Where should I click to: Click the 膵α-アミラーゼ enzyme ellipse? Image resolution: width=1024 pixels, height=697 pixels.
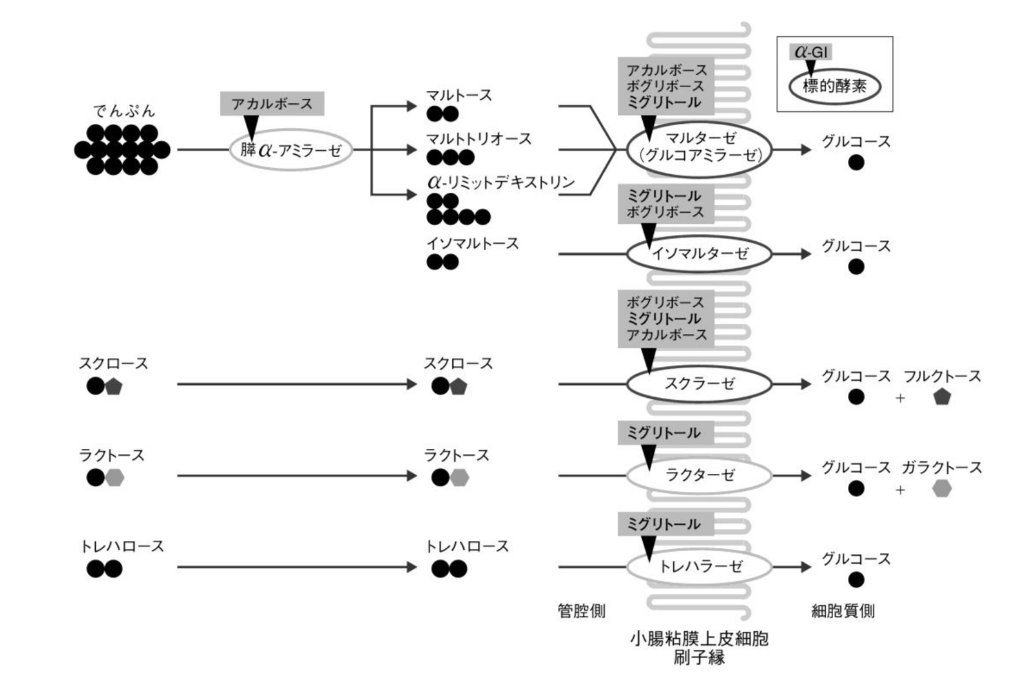pyautogui.click(x=291, y=150)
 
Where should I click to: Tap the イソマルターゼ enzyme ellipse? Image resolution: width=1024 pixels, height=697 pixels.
pyautogui.click(x=699, y=254)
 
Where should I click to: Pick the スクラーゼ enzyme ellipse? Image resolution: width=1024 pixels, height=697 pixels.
pyautogui.click(x=699, y=384)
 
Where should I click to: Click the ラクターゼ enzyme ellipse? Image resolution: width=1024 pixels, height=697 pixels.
pyautogui.click(x=699, y=476)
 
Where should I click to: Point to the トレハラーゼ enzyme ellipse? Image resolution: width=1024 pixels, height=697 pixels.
pyautogui.click(x=699, y=566)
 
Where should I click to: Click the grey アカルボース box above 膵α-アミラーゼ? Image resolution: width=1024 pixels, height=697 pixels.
pyautogui.click(x=272, y=104)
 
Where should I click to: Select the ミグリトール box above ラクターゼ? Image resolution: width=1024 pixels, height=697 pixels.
pyautogui.click(x=664, y=433)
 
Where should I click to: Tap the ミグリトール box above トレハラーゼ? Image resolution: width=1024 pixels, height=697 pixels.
pyautogui.click(x=664, y=524)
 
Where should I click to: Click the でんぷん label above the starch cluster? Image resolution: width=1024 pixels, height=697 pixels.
pyautogui.click(x=124, y=112)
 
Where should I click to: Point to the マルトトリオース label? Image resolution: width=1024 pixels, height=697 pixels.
pyautogui.click(x=478, y=139)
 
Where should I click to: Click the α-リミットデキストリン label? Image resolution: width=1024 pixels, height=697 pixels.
pyautogui.click(x=501, y=182)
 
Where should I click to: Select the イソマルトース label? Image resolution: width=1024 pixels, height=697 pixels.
pyautogui.click(x=472, y=244)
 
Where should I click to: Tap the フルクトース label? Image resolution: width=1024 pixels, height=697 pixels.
pyautogui.click(x=942, y=376)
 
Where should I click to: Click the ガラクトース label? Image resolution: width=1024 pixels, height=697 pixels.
pyautogui.click(x=941, y=468)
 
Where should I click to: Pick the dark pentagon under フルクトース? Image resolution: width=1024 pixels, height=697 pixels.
pyautogui.click(x=942, y=397)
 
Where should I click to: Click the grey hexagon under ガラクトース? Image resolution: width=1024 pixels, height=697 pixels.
pyautogui.click(x=942, y=489)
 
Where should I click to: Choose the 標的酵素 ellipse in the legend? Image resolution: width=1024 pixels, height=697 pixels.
pyautogui.click(x=834, y=86)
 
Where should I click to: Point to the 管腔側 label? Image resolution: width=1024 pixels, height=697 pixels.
pyautogui.click(x=581, y=611)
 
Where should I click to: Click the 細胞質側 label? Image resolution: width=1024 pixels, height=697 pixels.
pyautogui.click(x=843, y=611)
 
